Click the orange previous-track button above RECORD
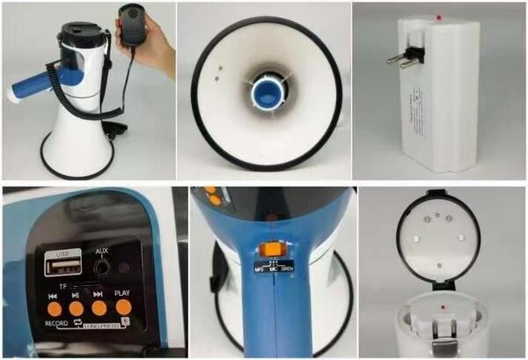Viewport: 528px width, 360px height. coord(55,308)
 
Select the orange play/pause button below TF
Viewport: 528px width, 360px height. coord(77,308)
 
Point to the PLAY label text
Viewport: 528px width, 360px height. coord(122,293)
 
